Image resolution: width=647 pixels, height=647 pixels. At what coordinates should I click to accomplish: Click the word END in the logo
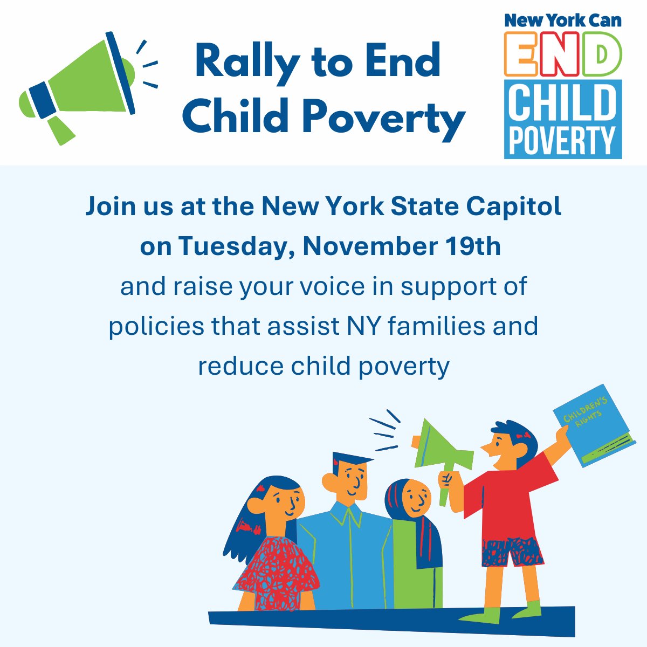coord(562,54)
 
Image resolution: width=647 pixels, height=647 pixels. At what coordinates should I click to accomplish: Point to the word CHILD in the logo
coord(562,104)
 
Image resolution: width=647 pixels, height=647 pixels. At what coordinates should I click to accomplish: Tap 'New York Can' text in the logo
coord(562,20)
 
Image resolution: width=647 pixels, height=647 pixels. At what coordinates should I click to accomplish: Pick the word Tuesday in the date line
coord(236,247)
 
